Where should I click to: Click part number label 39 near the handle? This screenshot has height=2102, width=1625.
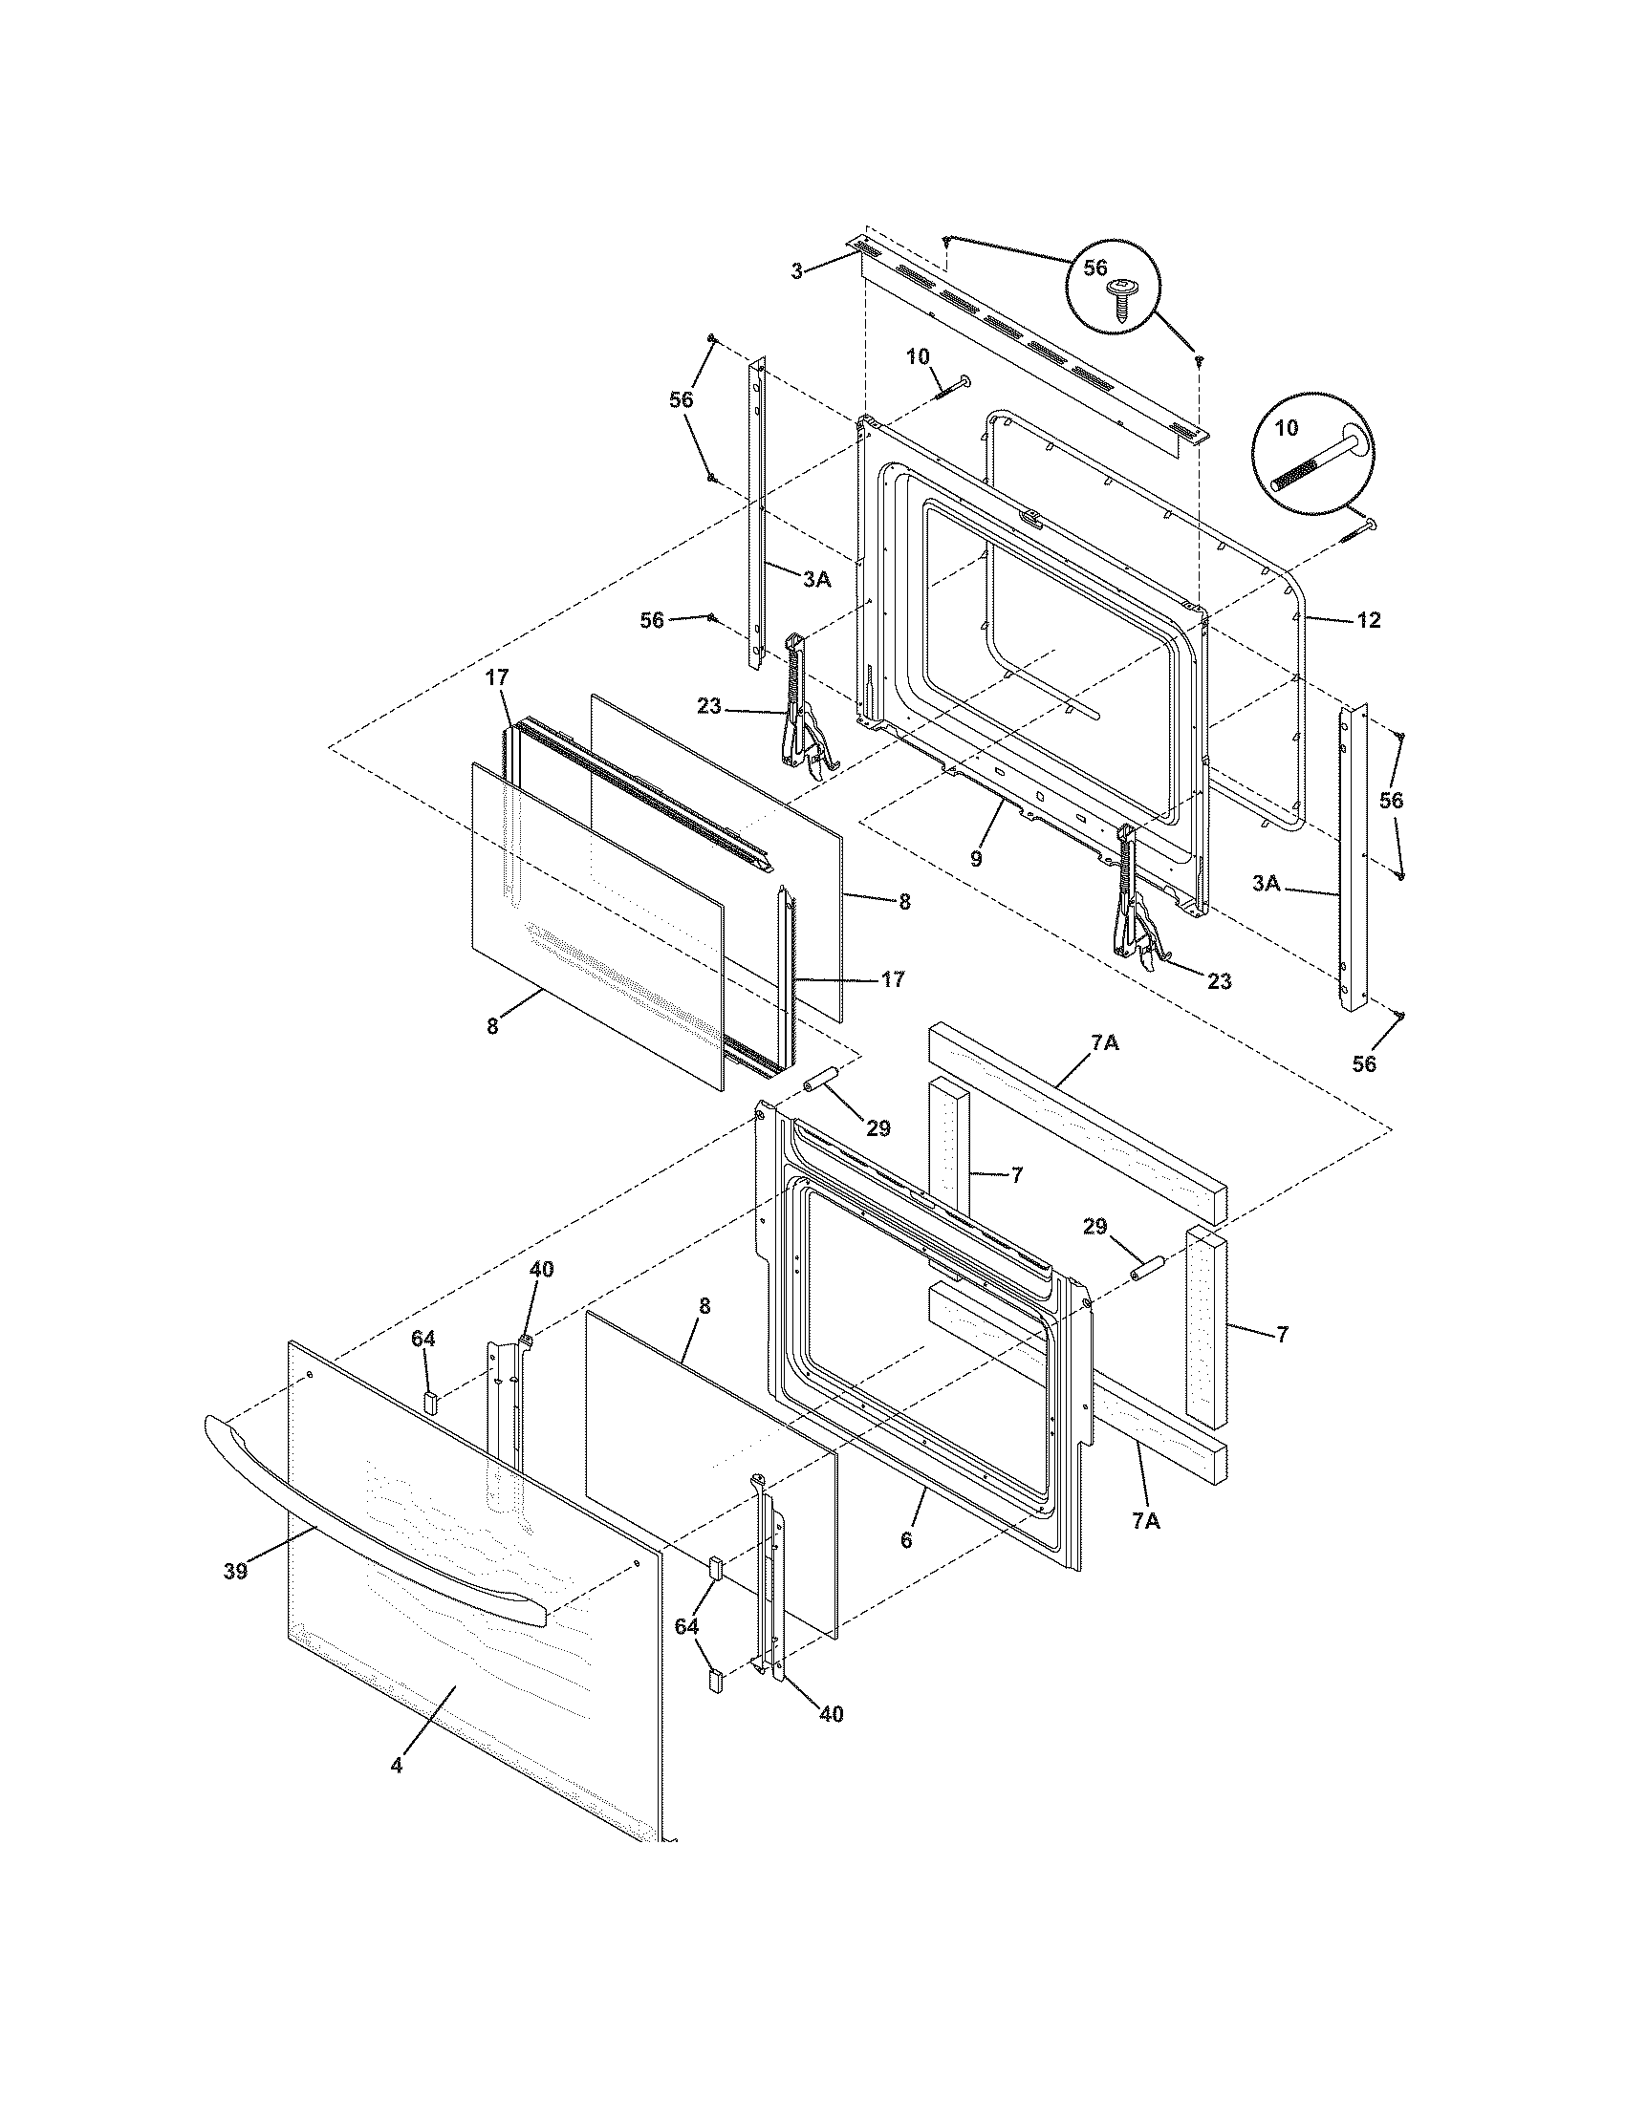(x=235, y=1572)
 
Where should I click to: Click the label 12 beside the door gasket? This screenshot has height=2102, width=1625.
(x=1368, y=621)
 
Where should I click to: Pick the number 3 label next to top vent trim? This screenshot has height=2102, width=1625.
(x=796, y=272)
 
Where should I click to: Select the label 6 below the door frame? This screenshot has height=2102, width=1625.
(x=906, y=1540)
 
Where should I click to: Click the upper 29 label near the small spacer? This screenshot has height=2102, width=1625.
(x=877, y=1128)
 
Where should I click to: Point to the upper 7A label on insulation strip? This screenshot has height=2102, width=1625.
(x=1104, y=1041)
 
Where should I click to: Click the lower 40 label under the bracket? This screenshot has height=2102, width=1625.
(x=831, y=1714)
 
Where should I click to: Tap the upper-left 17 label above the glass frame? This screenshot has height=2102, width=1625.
(x=496, y=677)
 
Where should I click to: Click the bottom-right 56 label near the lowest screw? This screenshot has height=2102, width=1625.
(x=1364, y=1063)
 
